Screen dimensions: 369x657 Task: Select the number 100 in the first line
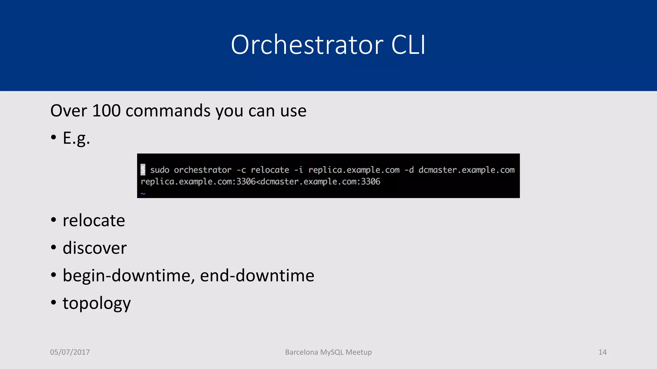pos(106,111)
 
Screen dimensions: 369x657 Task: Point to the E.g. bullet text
pos(76,138)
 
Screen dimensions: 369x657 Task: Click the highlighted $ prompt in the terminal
pos(143,169)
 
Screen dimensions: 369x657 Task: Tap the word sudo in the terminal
pos(160,170)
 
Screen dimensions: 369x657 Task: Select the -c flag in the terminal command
pos(241,170)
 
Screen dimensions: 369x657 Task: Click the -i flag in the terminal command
pos(298,170)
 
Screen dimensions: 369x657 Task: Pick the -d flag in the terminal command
pos(409,170)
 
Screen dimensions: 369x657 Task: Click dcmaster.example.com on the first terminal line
pos(466,170)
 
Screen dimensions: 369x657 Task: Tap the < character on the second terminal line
pos(258,182)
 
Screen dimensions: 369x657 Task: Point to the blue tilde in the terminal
pos(143,193)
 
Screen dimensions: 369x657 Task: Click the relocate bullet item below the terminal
pos(94,221)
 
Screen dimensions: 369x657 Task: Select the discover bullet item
pos(95,248)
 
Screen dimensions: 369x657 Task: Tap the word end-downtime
pos(257,275)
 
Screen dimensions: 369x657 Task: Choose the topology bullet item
pos(97,303)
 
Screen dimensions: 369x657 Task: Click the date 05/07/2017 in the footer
pos(70,352)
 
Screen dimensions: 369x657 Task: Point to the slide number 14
pos(602,352)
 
